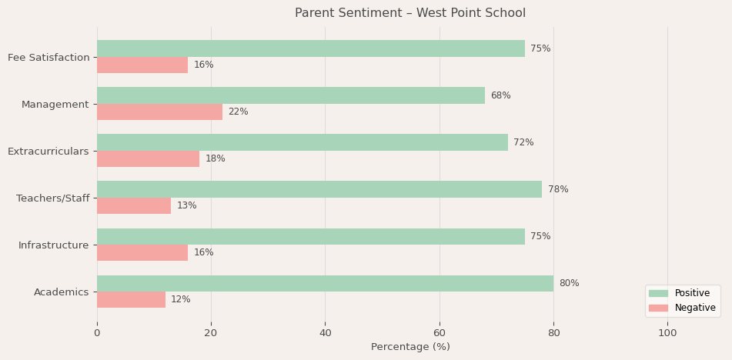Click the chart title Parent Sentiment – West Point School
[x=409, y=13]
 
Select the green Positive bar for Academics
[x=325, y=283]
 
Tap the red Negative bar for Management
[x=159, y=112]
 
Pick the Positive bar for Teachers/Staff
[x=319, y=189]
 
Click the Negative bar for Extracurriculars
[x=148, y=159]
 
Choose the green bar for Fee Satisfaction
[x=311, y=48]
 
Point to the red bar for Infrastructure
[x=142, y=253]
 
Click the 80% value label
[x=569, y=283]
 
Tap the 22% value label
[x=238, y=112]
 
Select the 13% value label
[x=186, y=206]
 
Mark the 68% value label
[x=500, y=95]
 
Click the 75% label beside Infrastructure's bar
[x=540, y=236]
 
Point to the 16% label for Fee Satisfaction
[x=203, y=65]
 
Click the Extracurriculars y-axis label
[x=48, y=152]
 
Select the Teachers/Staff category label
[x=52, y=198]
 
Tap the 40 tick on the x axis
[x=325, y=333]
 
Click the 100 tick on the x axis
[x=667, y=333]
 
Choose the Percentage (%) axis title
[x=409, y=347]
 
